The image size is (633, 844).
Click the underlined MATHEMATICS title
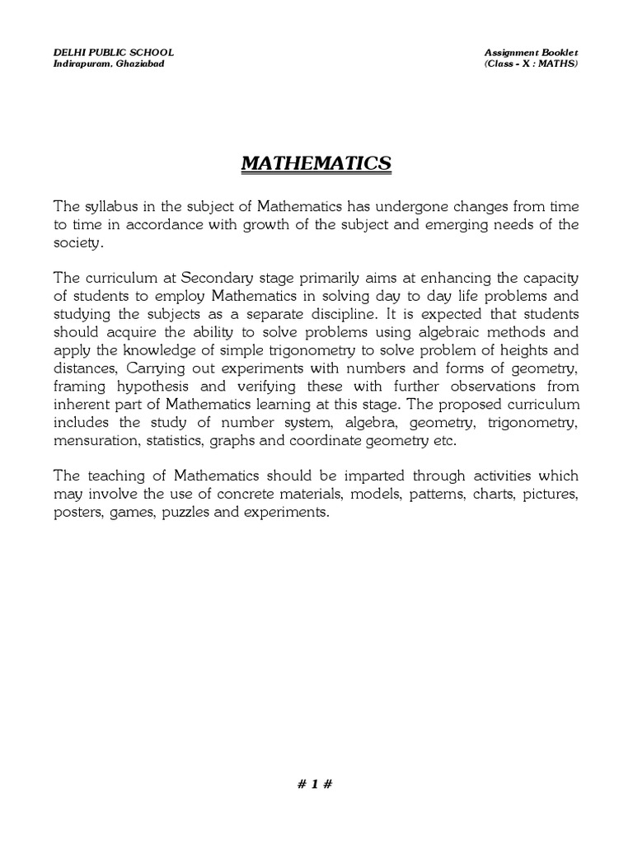tap(316, 165)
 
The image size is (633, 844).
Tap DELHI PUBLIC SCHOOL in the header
tap(114, 53)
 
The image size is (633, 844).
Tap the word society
tap(79, 242)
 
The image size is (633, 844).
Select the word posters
tap(77, 513)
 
